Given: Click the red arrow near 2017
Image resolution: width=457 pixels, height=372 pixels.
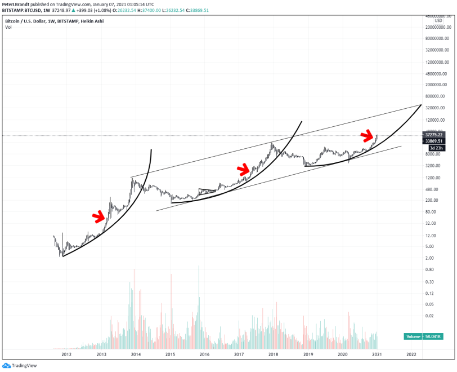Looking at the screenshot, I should tap(243, 169).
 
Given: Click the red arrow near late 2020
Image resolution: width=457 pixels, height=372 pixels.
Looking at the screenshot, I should tap(368, 136).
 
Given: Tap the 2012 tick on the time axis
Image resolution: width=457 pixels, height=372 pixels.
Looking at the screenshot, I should tap(66, 354).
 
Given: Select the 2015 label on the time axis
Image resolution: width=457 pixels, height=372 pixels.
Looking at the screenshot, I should tap(170, 354).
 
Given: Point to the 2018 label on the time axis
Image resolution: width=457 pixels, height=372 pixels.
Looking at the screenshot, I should tap(274, 354).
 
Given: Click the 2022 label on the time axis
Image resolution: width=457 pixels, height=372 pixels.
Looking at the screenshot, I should tap(411, 354).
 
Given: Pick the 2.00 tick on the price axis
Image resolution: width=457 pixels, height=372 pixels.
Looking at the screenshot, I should tap(429, 258).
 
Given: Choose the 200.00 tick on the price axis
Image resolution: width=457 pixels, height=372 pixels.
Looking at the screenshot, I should tap(431, 200).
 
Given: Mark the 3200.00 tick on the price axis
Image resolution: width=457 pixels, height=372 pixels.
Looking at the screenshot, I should tap(432, 166).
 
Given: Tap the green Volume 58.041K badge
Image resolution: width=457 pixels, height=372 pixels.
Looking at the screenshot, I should tap(422, 336).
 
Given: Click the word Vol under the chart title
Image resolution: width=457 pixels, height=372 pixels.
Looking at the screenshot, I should tap(8, 26).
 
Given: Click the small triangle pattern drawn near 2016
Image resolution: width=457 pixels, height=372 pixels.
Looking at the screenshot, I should tap(207, 192).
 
